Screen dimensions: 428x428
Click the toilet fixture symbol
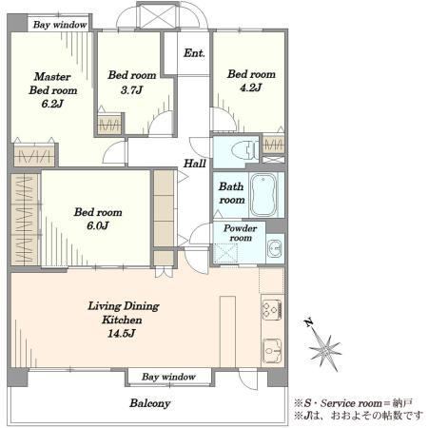click(x=245, y=150)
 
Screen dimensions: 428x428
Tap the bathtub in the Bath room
click(x=263, y=195)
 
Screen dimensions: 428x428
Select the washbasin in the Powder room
click(x=275, y=248)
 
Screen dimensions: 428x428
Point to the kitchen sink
click(x=272, y=350)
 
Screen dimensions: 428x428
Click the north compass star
click(x=325, y=350)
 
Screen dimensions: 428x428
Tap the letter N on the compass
click(x=308, y=322)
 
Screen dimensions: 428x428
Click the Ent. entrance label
click(x=194, y=53)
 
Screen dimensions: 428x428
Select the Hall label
click(x=195, y=164)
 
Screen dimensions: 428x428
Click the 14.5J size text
click(x=122, y=334)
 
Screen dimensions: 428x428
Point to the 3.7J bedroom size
click(x=131, y=90)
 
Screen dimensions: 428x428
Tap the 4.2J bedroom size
click(x=251, y=88)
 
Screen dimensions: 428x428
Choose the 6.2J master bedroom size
click(x=52, y=104)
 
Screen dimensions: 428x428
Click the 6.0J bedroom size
click(x=98, y=225)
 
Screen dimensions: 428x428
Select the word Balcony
click(x=150, y=403)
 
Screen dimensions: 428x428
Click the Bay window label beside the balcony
click(x=168, y=377)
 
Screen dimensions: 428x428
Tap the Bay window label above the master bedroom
click(x=60, y=25)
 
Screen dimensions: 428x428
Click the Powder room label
click(x=241, y=233)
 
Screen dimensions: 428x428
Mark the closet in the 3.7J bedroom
click(x=109, y=125)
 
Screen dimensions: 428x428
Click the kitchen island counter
click(x=227, y=332)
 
